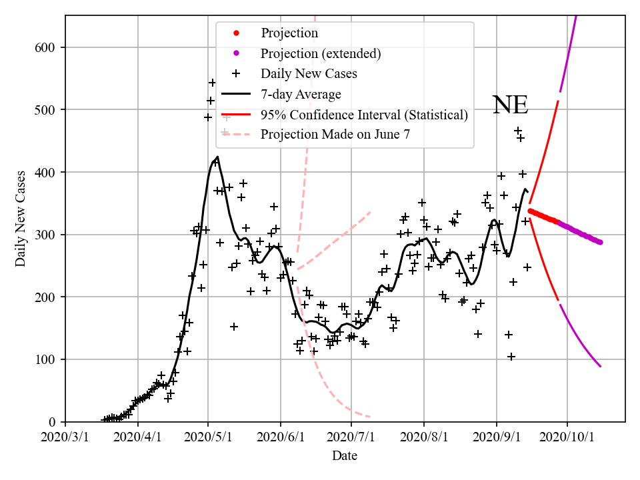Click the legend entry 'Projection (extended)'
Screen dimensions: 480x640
(321, 53)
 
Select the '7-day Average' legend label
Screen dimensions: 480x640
(301, 94)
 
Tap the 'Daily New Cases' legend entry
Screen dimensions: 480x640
(309, 73)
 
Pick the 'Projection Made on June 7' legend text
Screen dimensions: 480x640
(335, 134)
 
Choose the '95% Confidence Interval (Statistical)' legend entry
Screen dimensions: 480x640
(364, 115)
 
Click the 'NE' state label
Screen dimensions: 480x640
(510, 105)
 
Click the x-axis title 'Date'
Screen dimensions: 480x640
(345, 456)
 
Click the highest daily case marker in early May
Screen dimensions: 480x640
(212, 83)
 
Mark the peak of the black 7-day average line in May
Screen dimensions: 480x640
(217, 157)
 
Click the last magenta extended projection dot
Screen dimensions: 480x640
(600, 242)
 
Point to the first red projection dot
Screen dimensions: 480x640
(530, 211)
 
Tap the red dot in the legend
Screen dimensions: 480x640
(237, 33)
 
